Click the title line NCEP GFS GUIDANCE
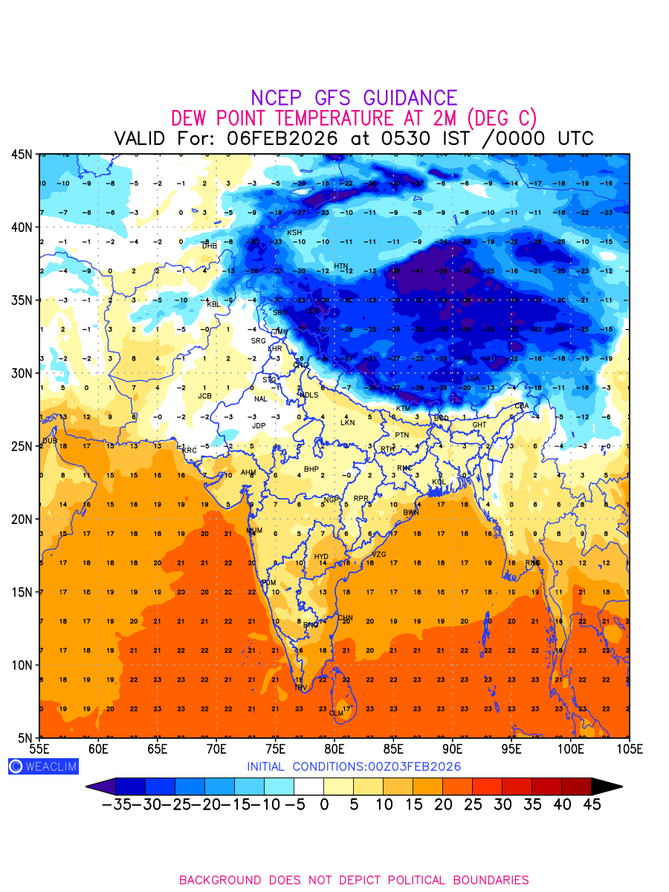click(354, 98)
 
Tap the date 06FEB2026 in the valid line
click(283, 139)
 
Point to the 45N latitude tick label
click(22, 154)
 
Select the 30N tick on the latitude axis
click(22, 373)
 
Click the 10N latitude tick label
click(22, 665)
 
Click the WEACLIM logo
click(43, 766)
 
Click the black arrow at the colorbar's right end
click(607, 786)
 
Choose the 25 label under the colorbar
click(472, 804)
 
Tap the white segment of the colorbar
click(308, 786)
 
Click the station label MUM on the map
click(254, 531)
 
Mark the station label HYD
click(321, 557)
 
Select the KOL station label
click(439, 482)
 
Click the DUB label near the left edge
click(50, 441)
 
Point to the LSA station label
click(473, 378)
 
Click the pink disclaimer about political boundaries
click(354, 880)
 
